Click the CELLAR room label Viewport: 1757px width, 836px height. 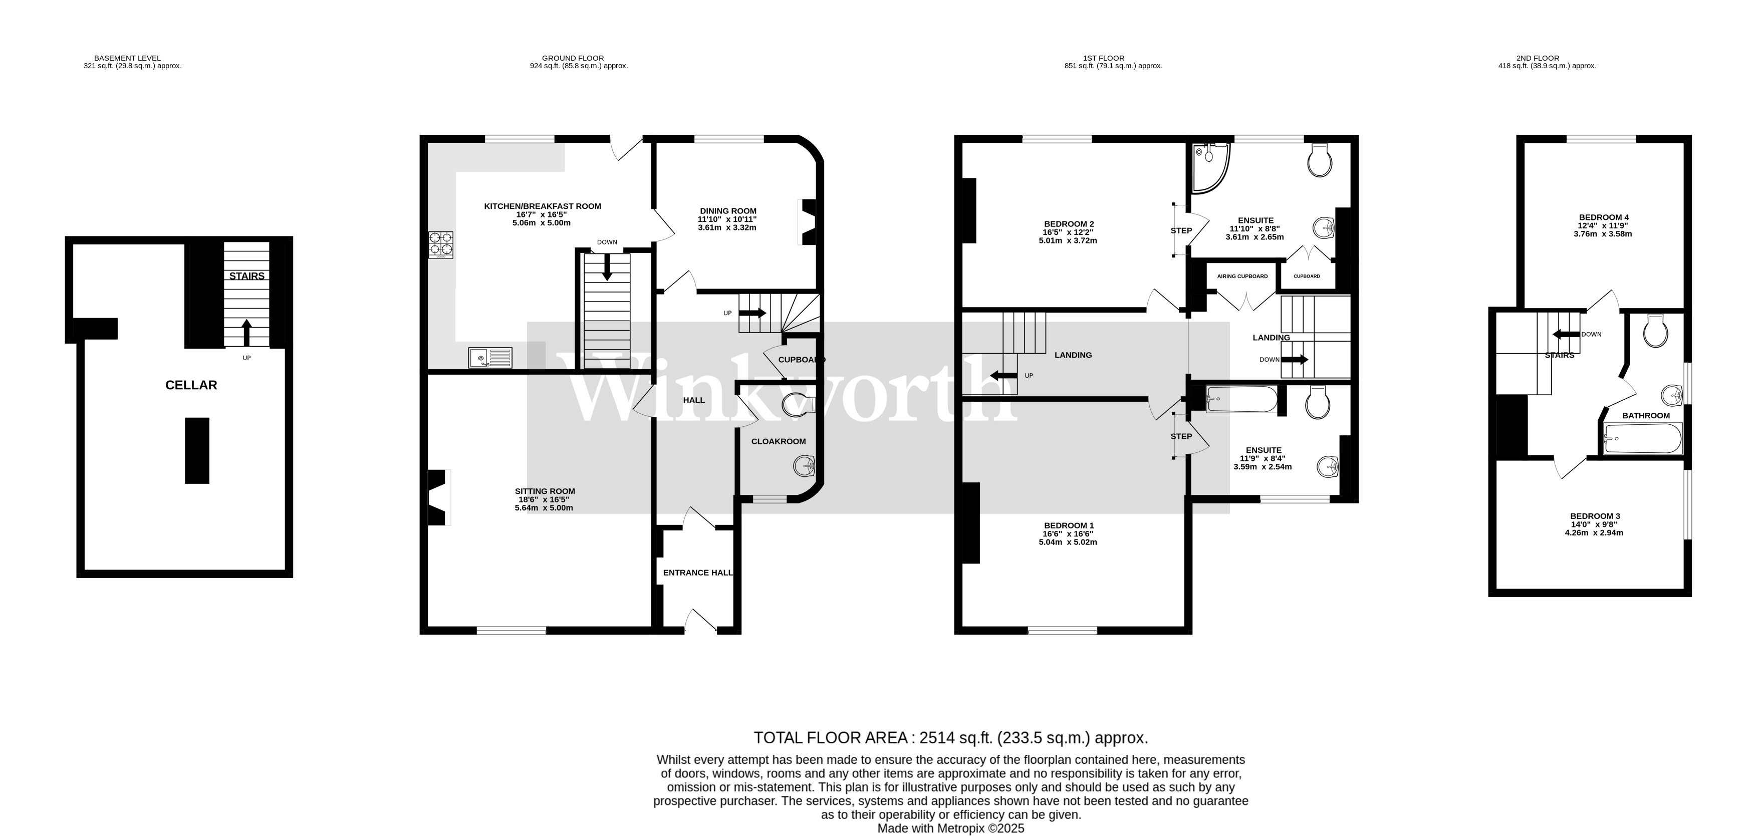click(x=191, y=385)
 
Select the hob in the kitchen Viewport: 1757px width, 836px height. click(x=440, y=245)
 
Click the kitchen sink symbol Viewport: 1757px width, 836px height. click(x=489, y=357)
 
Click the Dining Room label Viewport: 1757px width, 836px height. click(x=728, y=211)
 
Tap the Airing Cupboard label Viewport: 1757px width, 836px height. click(x=1242, y=276)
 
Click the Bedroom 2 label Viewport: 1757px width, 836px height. click(x=1069, y=224)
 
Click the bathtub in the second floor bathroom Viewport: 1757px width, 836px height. click(x=1642, y=438)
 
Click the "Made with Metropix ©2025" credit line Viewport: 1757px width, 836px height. click(x=950, y=828)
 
